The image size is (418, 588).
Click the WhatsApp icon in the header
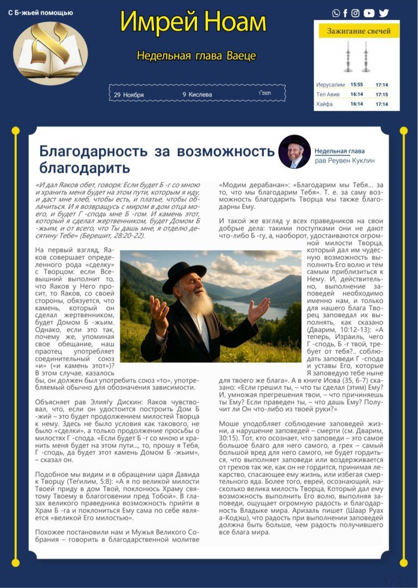click(336, 13)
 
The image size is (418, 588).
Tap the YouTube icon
click(369, 13)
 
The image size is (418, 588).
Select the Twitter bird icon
click(384, 13)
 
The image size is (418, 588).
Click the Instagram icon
click(355, 13)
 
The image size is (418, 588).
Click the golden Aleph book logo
click(50, 52)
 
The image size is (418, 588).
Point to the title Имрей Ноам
click(193, 22)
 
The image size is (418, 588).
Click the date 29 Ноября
click(129, 95)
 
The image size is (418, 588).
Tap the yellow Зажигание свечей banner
click(358, 31)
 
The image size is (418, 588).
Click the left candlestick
click(347, 57)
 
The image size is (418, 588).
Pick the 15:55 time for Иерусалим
click(356, 85)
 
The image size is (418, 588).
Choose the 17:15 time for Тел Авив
click(382, 94)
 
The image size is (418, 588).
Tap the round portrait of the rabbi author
click(294, 151)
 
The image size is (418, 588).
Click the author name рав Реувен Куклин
click(345, 161)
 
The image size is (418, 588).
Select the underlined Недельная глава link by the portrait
click(340, 151)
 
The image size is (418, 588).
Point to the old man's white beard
click(197, 301)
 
